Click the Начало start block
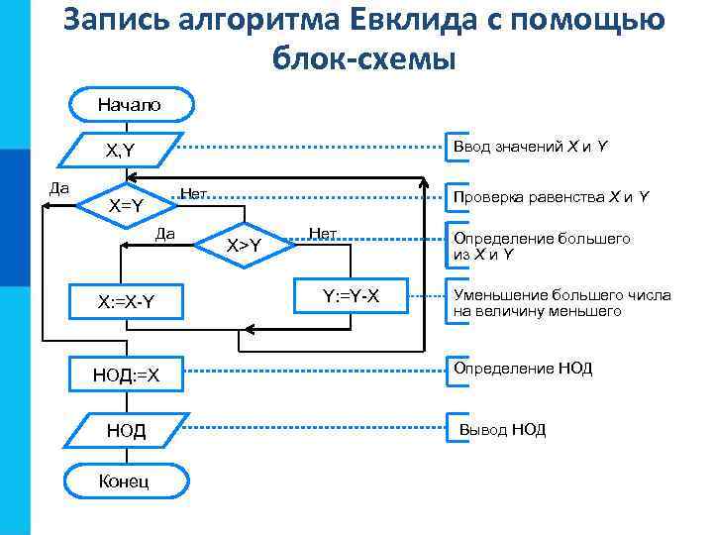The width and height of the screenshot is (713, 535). [129, 104]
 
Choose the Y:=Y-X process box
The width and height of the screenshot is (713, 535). [352, 295]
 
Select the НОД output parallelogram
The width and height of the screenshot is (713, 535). [126, 430]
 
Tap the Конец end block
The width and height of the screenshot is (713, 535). [124, 481]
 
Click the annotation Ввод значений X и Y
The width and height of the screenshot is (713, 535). [530, 147]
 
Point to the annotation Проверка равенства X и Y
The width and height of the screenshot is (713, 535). [551, 197]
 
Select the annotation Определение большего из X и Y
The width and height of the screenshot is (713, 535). [542, 247]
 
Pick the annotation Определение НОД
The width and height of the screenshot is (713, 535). [523, 369]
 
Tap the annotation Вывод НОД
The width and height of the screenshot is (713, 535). [501, 430]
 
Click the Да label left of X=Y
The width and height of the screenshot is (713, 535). [59, 185]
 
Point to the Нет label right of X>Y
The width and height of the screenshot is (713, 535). [323, 234]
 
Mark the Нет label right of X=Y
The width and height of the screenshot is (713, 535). [194, 191]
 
